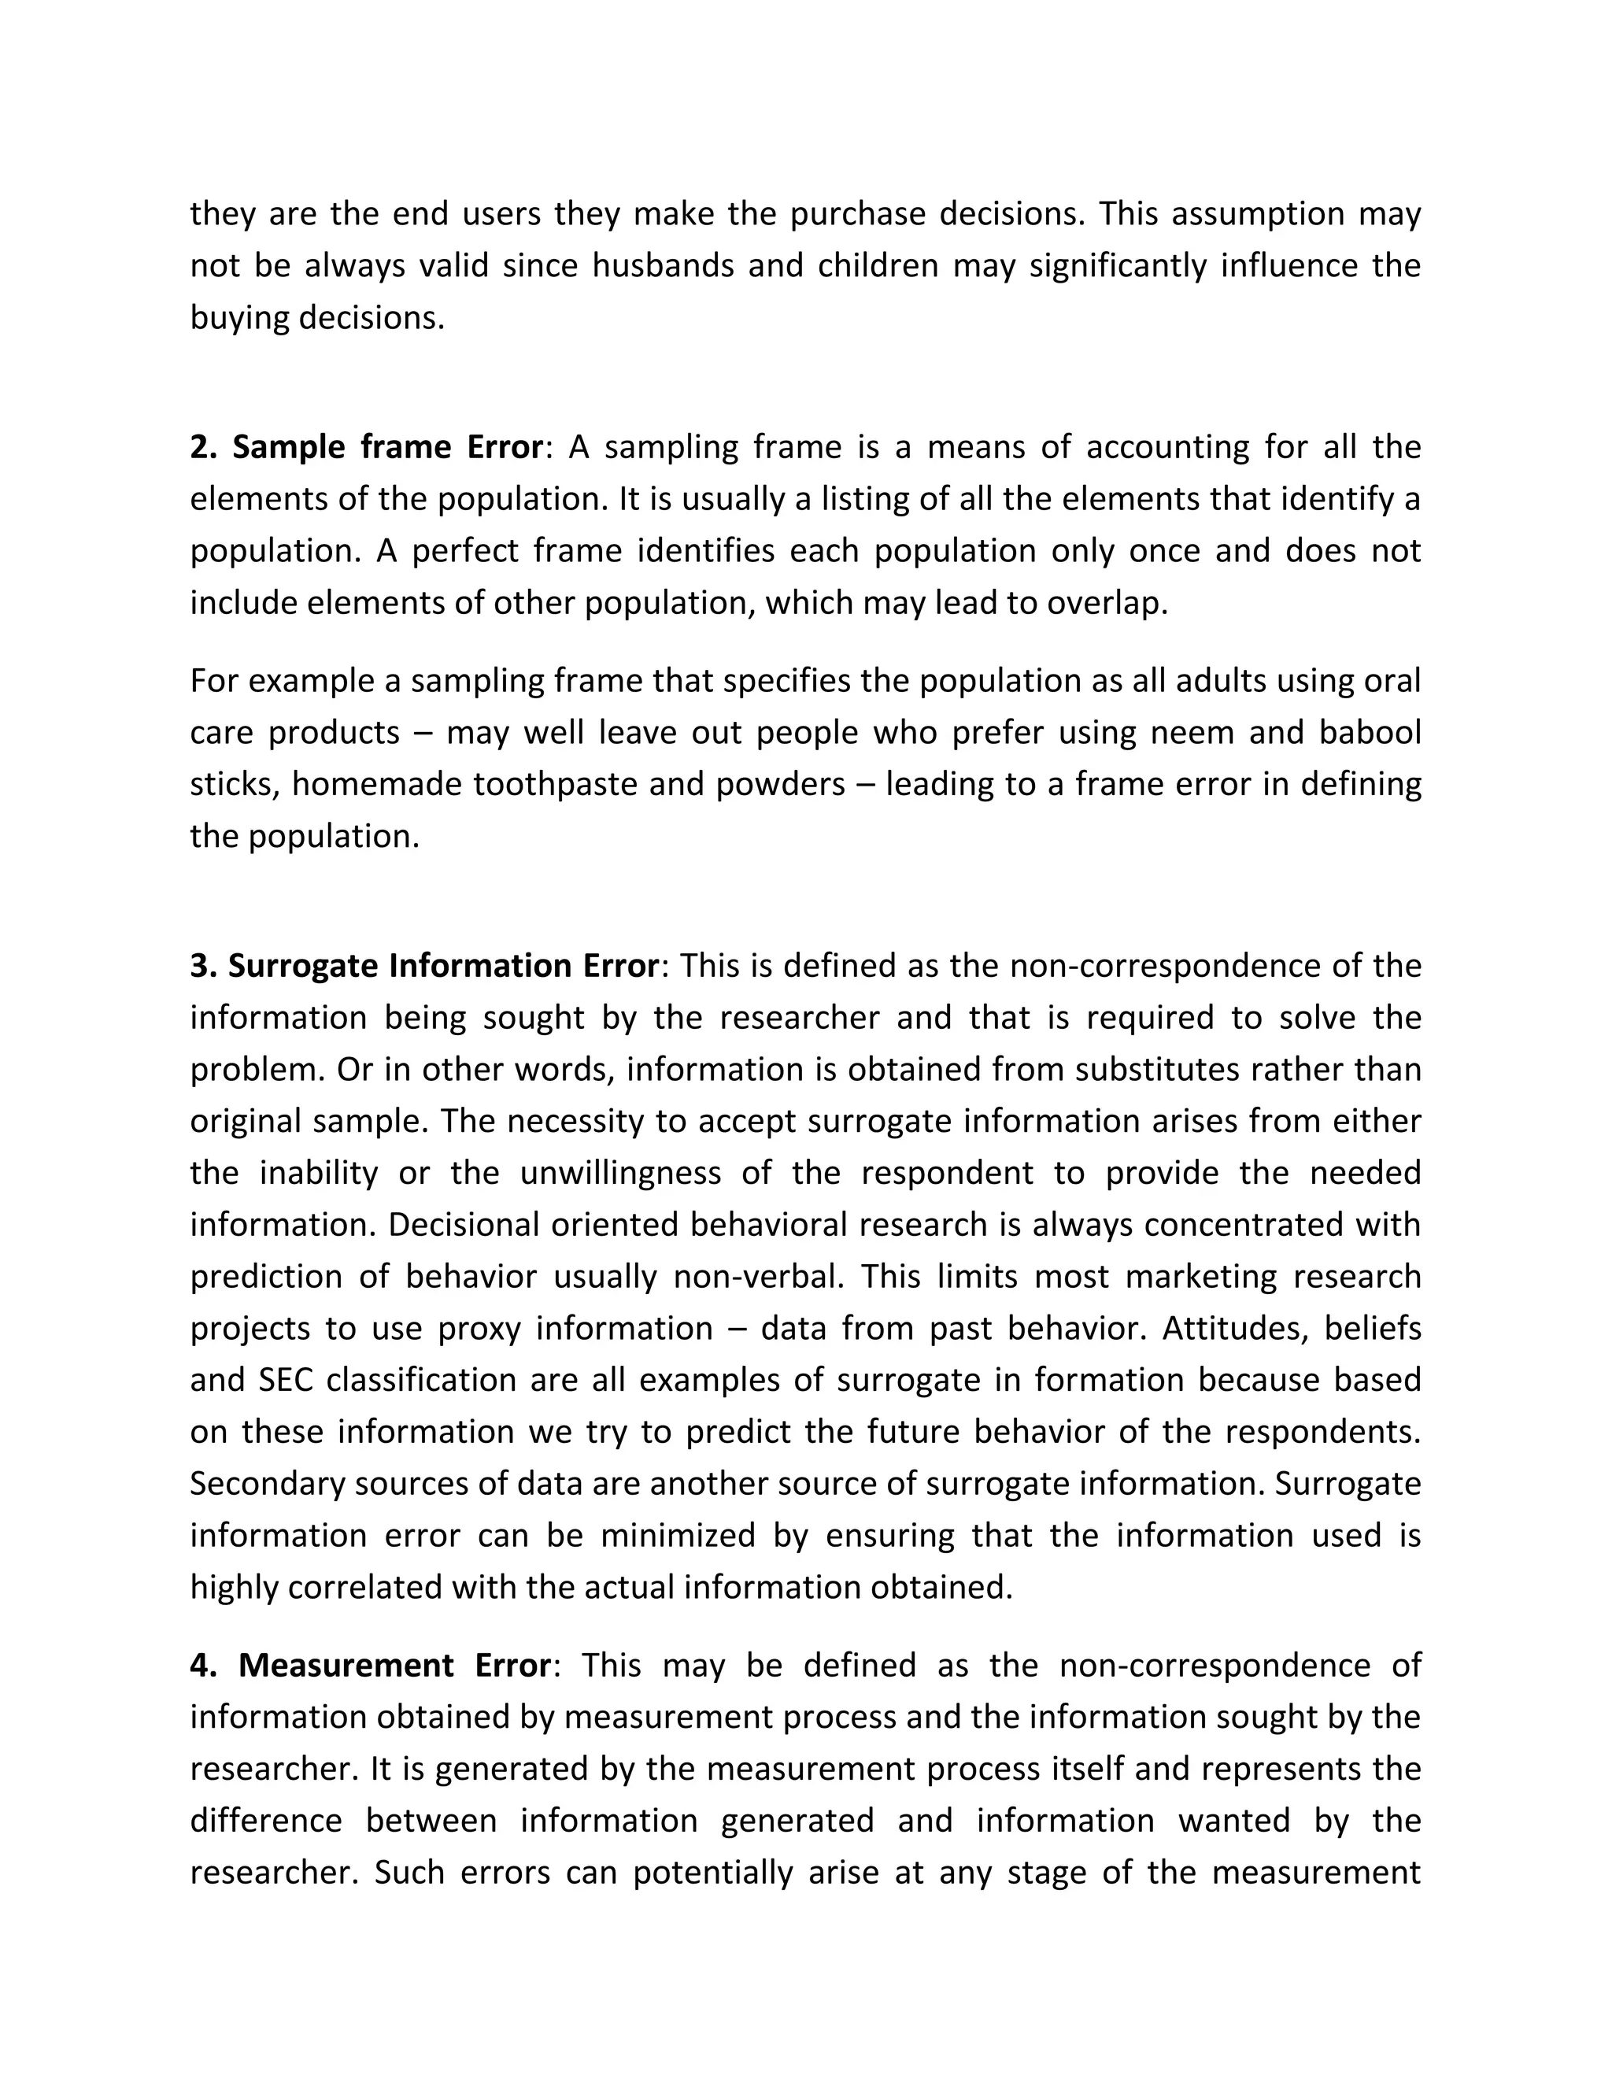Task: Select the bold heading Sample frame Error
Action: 367,447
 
